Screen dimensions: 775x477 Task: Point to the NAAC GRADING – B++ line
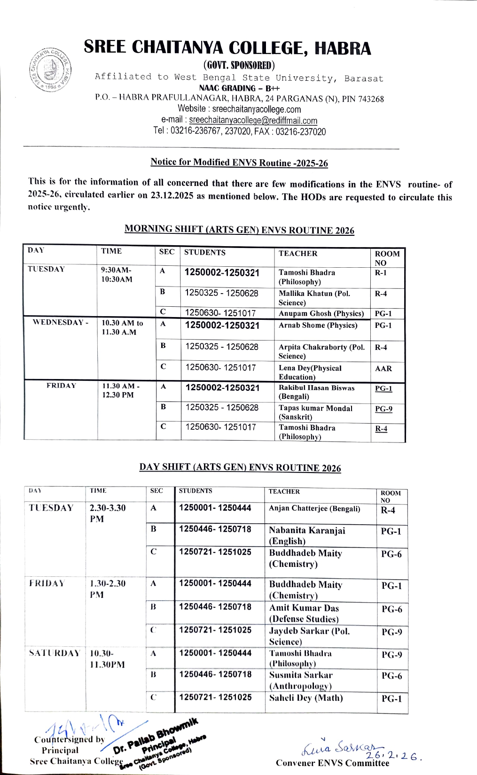239,88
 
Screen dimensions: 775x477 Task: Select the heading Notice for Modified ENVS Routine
239,163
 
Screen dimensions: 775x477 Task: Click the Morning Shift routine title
239,230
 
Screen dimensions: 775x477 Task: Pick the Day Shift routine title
240,467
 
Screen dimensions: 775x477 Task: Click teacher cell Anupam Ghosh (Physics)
321,313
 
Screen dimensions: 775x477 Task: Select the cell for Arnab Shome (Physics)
318,325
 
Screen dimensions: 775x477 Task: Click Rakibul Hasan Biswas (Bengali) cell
316,392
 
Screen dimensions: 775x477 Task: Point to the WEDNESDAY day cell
60,323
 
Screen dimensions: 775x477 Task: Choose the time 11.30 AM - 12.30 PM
121,390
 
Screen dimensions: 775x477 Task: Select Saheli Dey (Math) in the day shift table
306,698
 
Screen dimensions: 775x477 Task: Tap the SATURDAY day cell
55,653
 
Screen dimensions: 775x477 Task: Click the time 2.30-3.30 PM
108,513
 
